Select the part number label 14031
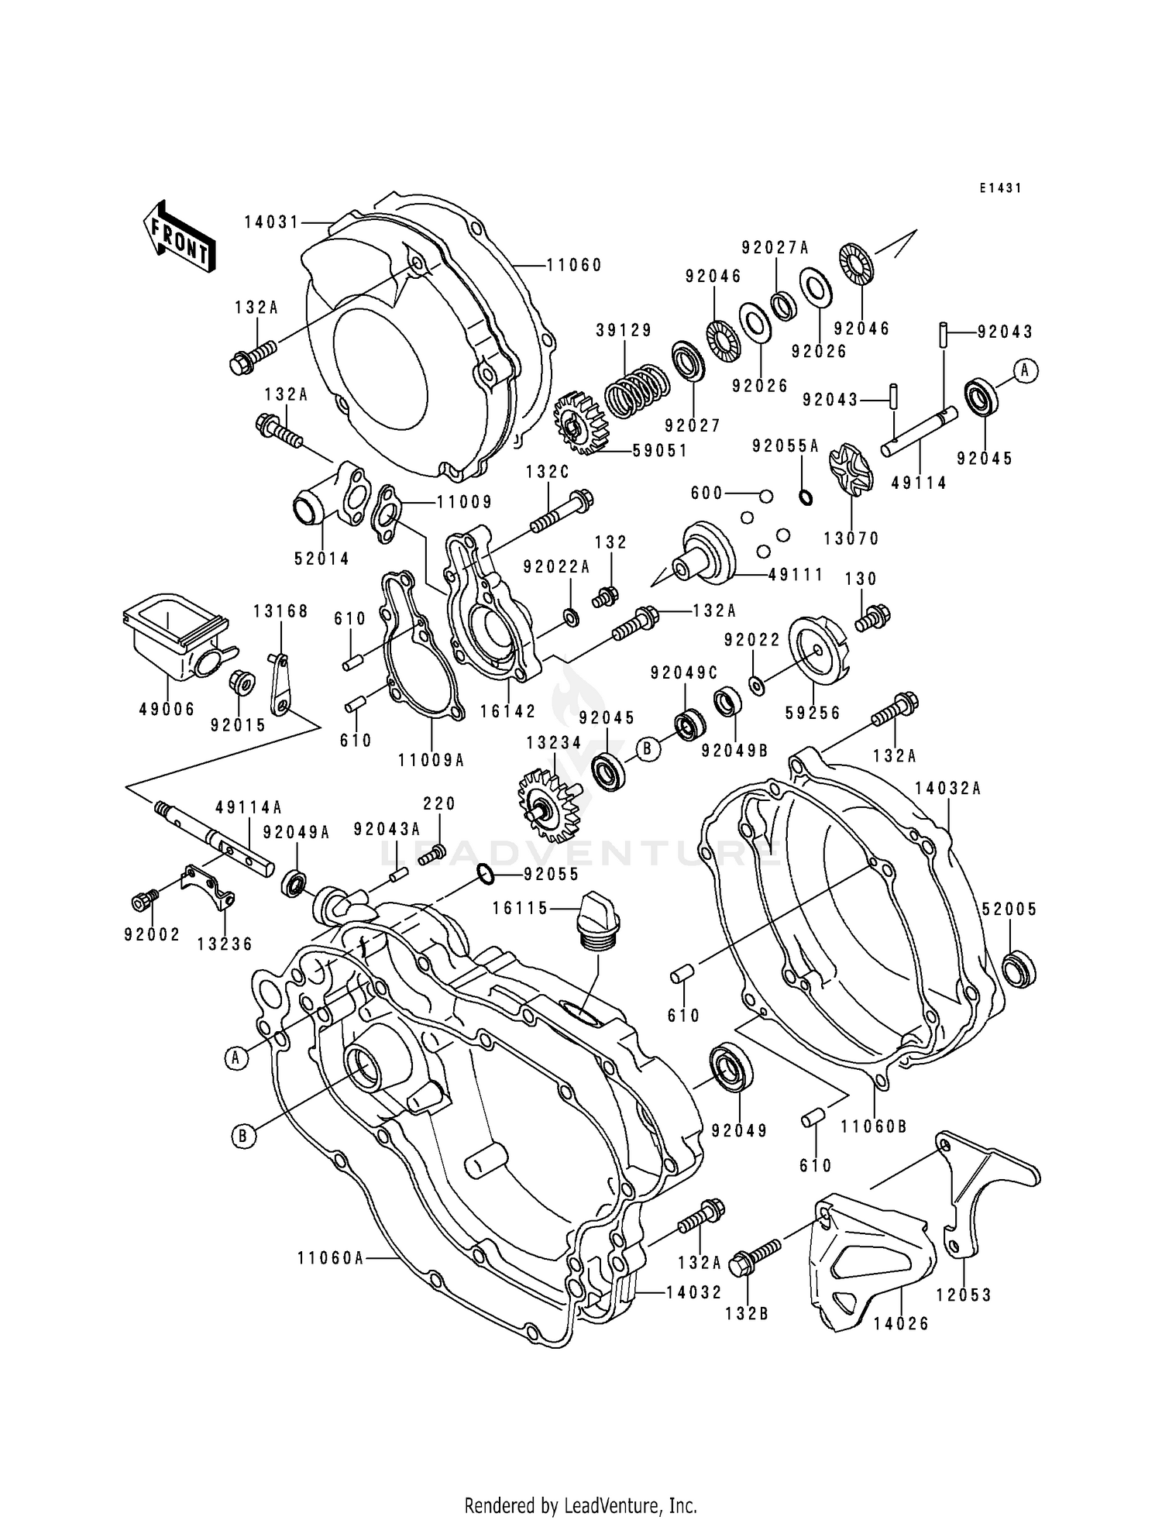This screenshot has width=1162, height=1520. tap(271, 222)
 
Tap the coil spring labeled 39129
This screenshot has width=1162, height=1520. tap(635, 391)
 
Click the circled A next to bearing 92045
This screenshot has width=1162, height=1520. tap(1024, 371)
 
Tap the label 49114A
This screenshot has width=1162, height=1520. tap(248, 807)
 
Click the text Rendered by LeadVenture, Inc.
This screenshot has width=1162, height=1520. tap(580, 1505)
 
